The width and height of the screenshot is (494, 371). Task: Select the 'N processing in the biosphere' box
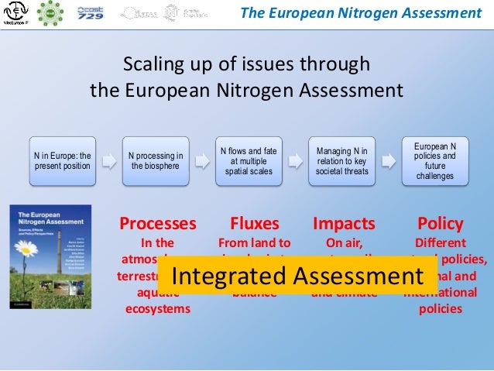[155, 160]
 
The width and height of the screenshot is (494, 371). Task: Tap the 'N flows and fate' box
[248, 160]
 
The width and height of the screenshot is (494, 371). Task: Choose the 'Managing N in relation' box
[341, 160]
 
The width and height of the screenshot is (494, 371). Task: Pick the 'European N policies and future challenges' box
[435, 160]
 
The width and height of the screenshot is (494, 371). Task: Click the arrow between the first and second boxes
[108, 160]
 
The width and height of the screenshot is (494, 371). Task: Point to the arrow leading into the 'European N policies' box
[389, 160]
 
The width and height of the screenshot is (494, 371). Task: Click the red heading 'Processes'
[157, 224]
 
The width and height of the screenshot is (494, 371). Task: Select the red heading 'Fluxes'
[254, 224]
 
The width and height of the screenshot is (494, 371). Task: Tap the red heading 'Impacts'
[343, 224]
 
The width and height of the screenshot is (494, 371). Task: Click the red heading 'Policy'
[440, 224]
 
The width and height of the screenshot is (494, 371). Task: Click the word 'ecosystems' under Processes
[157, 309]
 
